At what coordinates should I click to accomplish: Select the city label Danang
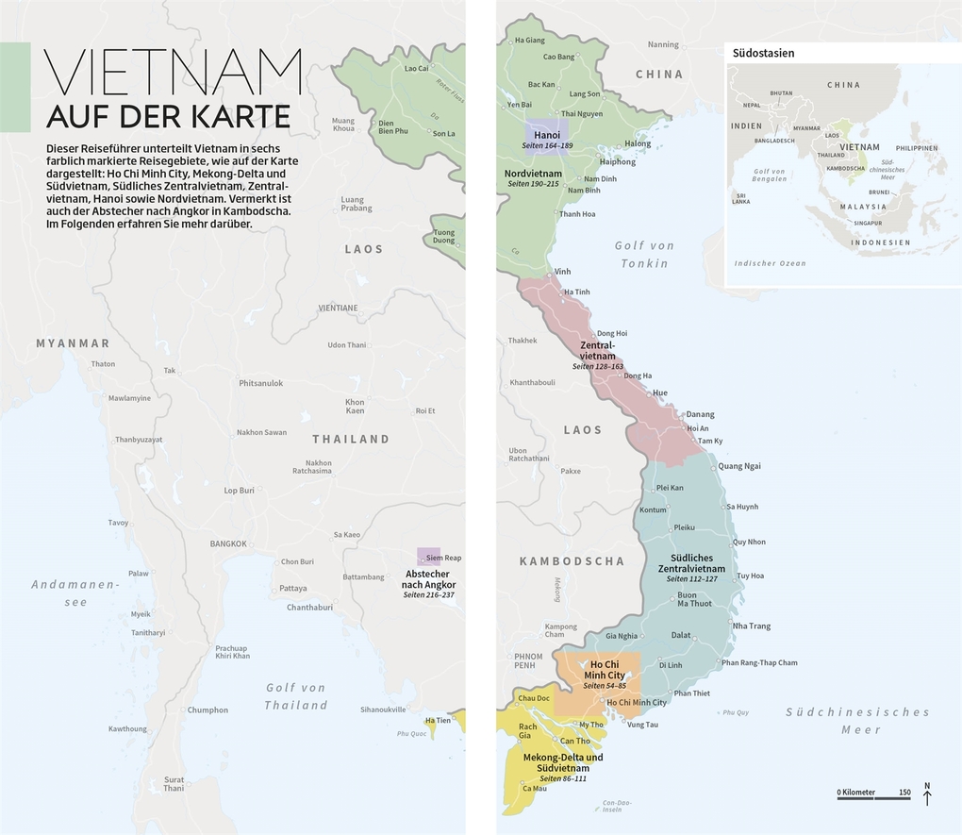[700, 414]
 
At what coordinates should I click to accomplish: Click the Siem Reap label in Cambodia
[442, 558]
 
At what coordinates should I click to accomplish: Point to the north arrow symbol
[927, 794]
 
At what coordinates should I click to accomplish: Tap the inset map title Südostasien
[763, 53]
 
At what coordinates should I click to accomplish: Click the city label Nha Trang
[751, 626]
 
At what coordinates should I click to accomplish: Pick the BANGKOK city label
[228, 543]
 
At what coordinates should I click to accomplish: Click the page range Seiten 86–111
[556, 778]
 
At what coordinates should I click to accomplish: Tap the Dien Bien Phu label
[392, 127]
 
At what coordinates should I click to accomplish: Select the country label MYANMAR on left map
[73, 342]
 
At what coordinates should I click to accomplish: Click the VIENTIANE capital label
[338, 308]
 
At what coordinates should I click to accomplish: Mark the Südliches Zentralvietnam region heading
[691, 563]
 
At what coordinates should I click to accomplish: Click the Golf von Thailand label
[295, 696]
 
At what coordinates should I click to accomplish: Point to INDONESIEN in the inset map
[881, 242]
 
